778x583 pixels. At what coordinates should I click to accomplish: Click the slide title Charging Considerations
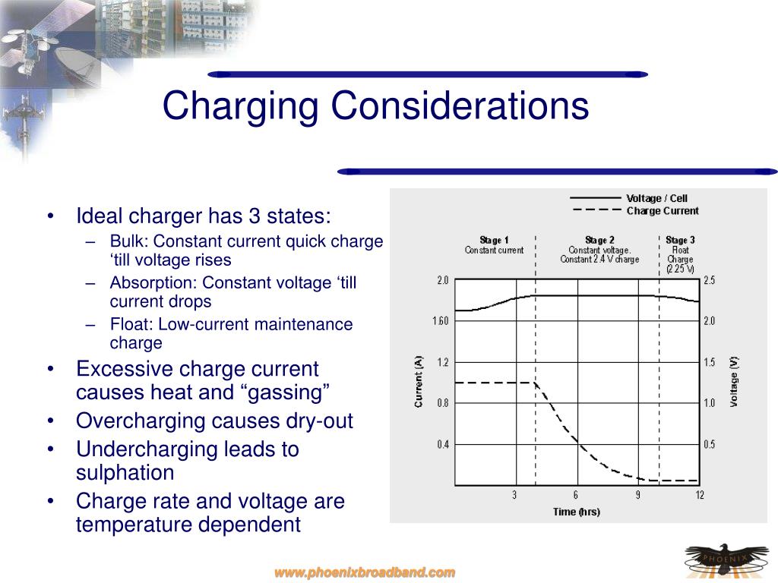pyautogui.click(x=375, y=106)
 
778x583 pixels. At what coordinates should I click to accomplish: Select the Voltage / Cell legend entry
pyautogui.click(x=656, y=199)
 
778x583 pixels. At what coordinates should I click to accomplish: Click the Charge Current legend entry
pyautogui.click(x=662, y=211)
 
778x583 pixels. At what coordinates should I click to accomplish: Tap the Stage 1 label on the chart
pyautogui.click(x=495, y=241)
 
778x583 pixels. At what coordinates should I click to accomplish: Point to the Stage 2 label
pyautogui.click(x=599, y=241)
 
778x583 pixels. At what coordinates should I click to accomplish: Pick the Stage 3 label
pyautogui.click(x=680, y=241)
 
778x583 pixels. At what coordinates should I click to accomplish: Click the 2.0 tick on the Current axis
pyautogui.click(x=442, y=280)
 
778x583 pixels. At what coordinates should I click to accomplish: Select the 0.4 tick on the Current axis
pyautogui.click(x=442, y=444)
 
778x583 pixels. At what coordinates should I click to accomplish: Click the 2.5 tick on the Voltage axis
pyautogui.click(x=709, y=280)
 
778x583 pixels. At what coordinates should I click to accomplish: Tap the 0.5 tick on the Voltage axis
pyautogui.click(x=709, y=444)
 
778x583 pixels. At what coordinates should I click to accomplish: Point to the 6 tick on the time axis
pyautogui.click(x=576, y=495)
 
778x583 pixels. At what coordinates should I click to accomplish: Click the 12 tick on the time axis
pyautogui.click(x=699, y=495)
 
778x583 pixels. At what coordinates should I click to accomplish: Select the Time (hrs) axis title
pyautogui.click(x=576, y=512)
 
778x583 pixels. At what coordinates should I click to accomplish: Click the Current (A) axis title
pyautogui.click(x=419, y=382)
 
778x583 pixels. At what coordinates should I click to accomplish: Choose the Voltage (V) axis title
pyautogui.click(x=734, y=382)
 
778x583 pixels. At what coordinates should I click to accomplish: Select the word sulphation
pyautogui.click(x=125, y=473)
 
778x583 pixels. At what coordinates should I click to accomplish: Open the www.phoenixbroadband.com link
pyautogui.click(x=365, y=572)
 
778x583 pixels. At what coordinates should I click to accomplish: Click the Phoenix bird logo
pyautogui.click(x=721, y=559)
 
